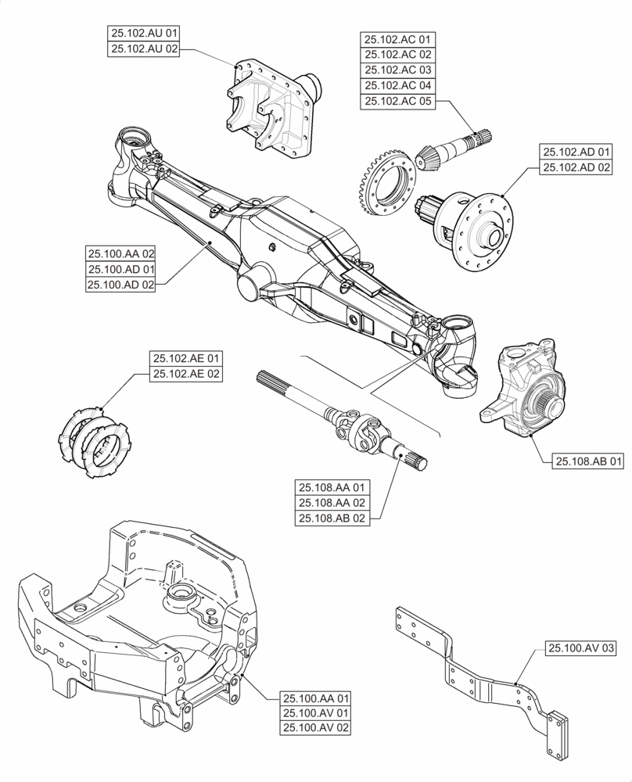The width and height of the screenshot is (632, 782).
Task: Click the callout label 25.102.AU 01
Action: [x=145, y=33]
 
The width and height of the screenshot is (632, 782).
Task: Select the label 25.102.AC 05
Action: [x=397, y=101]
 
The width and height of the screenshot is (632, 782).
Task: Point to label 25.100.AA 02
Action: [x=121, y=253]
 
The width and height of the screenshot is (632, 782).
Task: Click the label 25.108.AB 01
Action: [x=590, y=462]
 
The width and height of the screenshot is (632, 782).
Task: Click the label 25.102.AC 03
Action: [x=397, y=70]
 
